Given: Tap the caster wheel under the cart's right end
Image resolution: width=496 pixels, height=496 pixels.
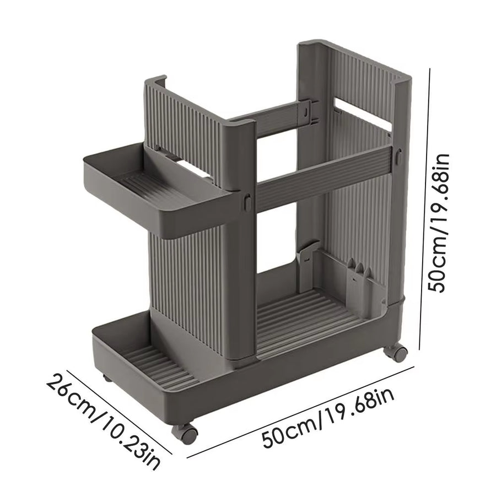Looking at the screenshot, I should tap(399, 353).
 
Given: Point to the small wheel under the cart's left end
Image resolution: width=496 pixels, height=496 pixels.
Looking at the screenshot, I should tap(106, 380).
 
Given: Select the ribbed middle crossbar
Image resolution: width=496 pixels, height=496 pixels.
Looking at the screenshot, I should tap(325, 176).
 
